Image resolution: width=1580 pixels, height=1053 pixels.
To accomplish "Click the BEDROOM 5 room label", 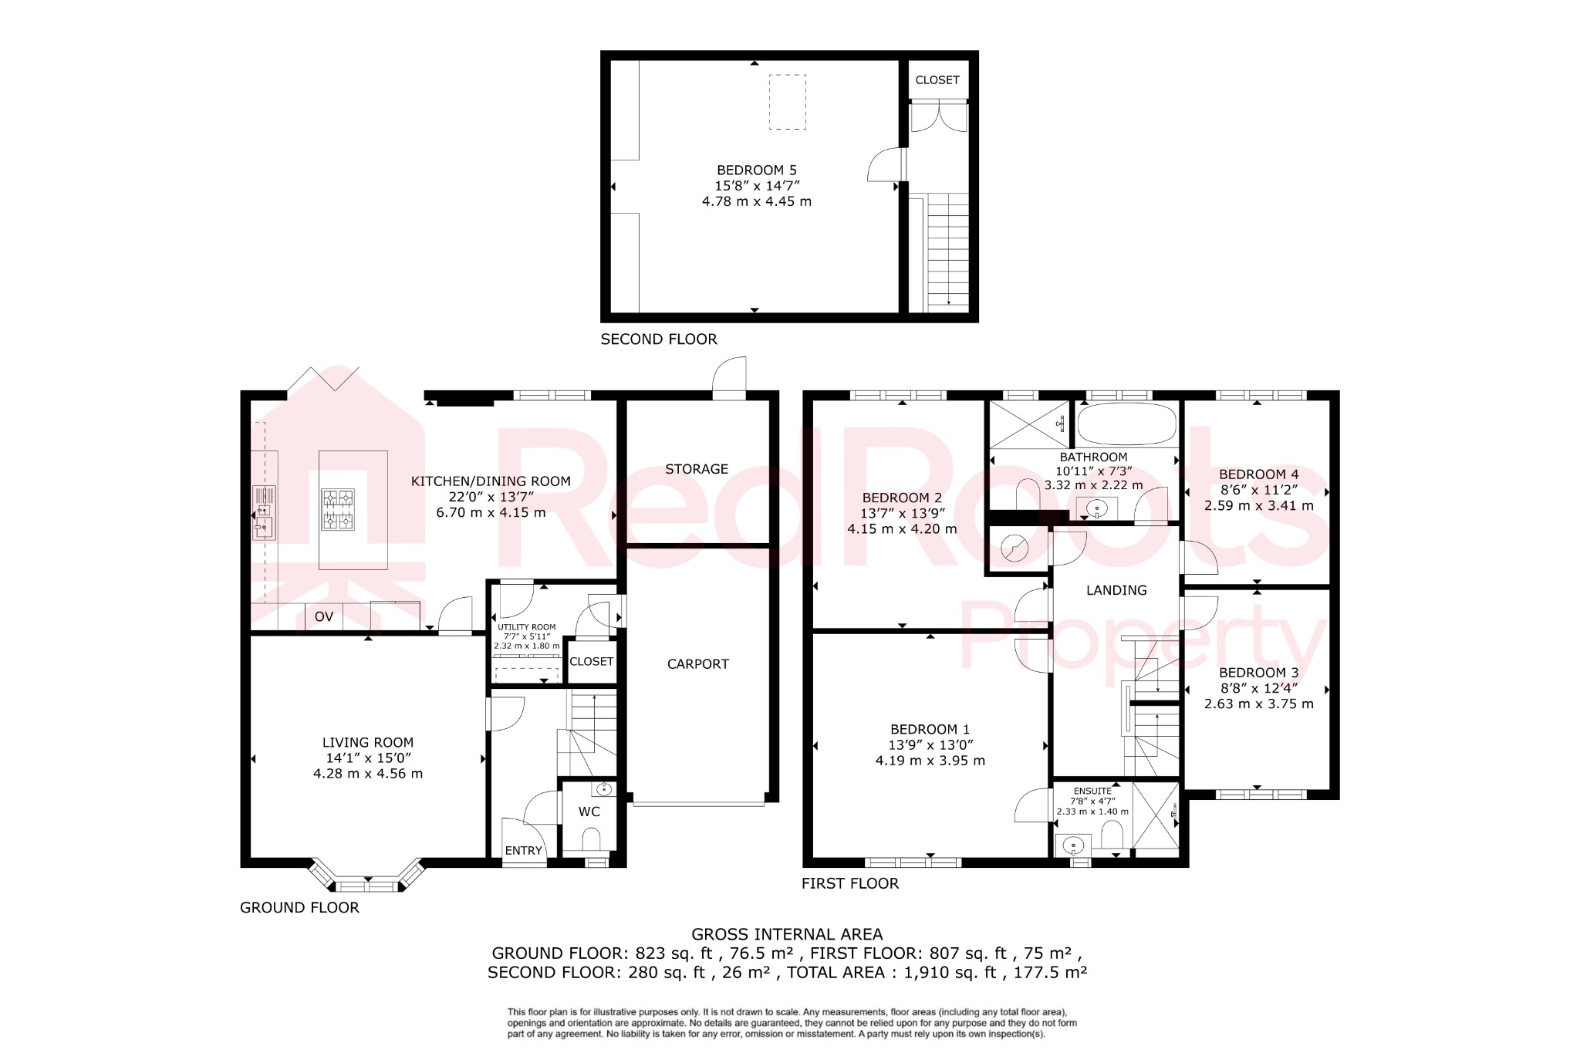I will [x=756, y=170].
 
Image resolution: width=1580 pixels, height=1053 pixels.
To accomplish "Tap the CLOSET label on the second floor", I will [x=937, y=80].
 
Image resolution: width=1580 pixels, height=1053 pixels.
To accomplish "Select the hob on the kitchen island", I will [x=337, y=509].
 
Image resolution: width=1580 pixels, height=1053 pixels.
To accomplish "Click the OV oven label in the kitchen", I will [x=324, y=616].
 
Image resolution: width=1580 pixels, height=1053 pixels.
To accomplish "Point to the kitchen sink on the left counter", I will [x=264, y=513].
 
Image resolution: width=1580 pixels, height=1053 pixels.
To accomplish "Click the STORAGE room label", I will [x=697, y=469].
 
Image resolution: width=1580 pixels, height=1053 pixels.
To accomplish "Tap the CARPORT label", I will [x=697, y=664].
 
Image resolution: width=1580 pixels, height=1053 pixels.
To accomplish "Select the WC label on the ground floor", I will [x=589, y=812].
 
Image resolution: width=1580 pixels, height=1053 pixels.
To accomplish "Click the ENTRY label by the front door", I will [x=523, y=851].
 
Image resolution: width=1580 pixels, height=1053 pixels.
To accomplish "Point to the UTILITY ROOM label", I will [x=527, y=627].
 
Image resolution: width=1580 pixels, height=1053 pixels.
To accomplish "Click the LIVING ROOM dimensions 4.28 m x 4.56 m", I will [x=368, y=774].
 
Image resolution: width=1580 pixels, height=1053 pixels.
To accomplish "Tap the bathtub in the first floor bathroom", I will [x=1126, y=424].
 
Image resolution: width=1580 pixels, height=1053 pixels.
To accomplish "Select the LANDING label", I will [x=1116, y=590].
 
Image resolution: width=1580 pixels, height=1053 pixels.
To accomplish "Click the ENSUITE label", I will [x=1092, y=791].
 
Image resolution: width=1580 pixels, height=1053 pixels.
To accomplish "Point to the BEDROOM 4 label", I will [x=1258, y=474].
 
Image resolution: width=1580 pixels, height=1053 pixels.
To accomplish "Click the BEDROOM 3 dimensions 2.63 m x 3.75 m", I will [x=1258, y=704].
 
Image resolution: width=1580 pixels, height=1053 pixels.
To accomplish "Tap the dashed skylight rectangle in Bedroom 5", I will [x=788, y=102].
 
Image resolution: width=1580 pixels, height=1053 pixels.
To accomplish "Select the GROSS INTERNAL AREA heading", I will [x=787, y=934].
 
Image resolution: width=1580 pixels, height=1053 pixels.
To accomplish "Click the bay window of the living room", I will [x=368, y=879].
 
